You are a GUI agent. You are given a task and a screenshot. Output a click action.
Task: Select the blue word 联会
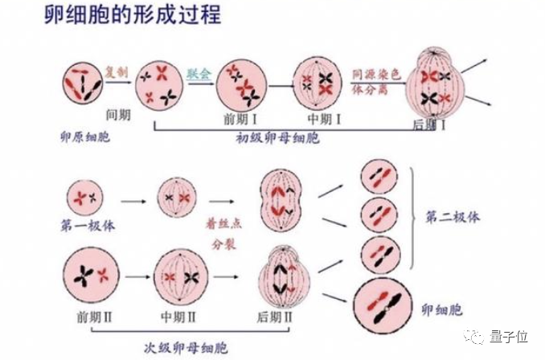pos(198,72)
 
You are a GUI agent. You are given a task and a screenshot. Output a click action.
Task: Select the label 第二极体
pos(452,217)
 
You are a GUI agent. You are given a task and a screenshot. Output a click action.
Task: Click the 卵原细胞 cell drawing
pos(82,80)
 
